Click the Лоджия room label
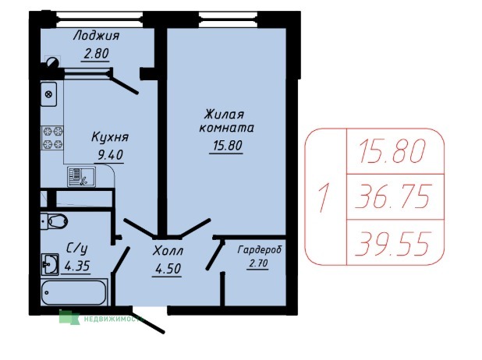pyautogui.click(x=96, y=37)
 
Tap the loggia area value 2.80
pyautogui.click(x=96, y=54)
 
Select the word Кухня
pyautogui.click(x=110, y=137)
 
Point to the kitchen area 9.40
pyautogui.click(x=110, y=155)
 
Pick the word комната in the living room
pyautogui.click(x=227, y=128)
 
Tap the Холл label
pyautogui.click(x=168, y=251)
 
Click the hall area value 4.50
pyautogui.click(x=168, y=269)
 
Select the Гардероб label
pyautogui.click(x=260, y=249)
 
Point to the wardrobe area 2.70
pyautogui.click(x=257, y=263)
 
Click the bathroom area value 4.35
pyautogui.click(x=77, y=266)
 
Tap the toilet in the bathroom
pyautogui.click(x=55, y=221)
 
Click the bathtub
pyautogui.click(x=74, y=292)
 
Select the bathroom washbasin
pyautogui.click(x=50, y=264)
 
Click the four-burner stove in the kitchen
pyautogui.click(x=52, y=138)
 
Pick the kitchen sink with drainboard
pyautogui.click(x=81, y=177)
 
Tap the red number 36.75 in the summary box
pyautogui.click(x=392, y=196)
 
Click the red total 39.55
pyautogui.click(x=392, y=244)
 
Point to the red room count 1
pyautogui.click(x=324, y=198)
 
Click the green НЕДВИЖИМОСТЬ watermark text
pyautogui.click(x=113, y=319)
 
